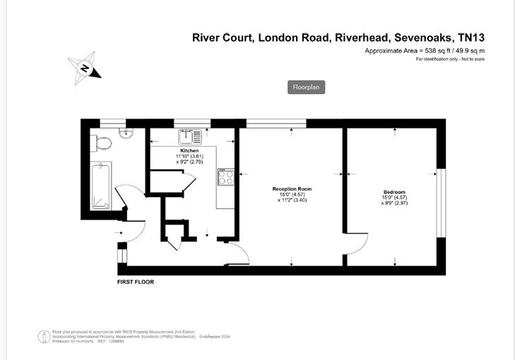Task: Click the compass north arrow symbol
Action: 85,68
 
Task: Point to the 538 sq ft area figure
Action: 428,51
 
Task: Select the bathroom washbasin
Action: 125,134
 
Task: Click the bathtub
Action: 101,186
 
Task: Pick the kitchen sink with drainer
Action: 189,134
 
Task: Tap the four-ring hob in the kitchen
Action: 227,177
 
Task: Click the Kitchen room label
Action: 189,151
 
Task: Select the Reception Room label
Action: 292,189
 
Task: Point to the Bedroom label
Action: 394,193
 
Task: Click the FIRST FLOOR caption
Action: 136,282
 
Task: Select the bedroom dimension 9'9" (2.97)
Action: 395,203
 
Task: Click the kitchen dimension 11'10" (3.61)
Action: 189,157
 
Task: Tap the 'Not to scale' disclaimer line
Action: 450,59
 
